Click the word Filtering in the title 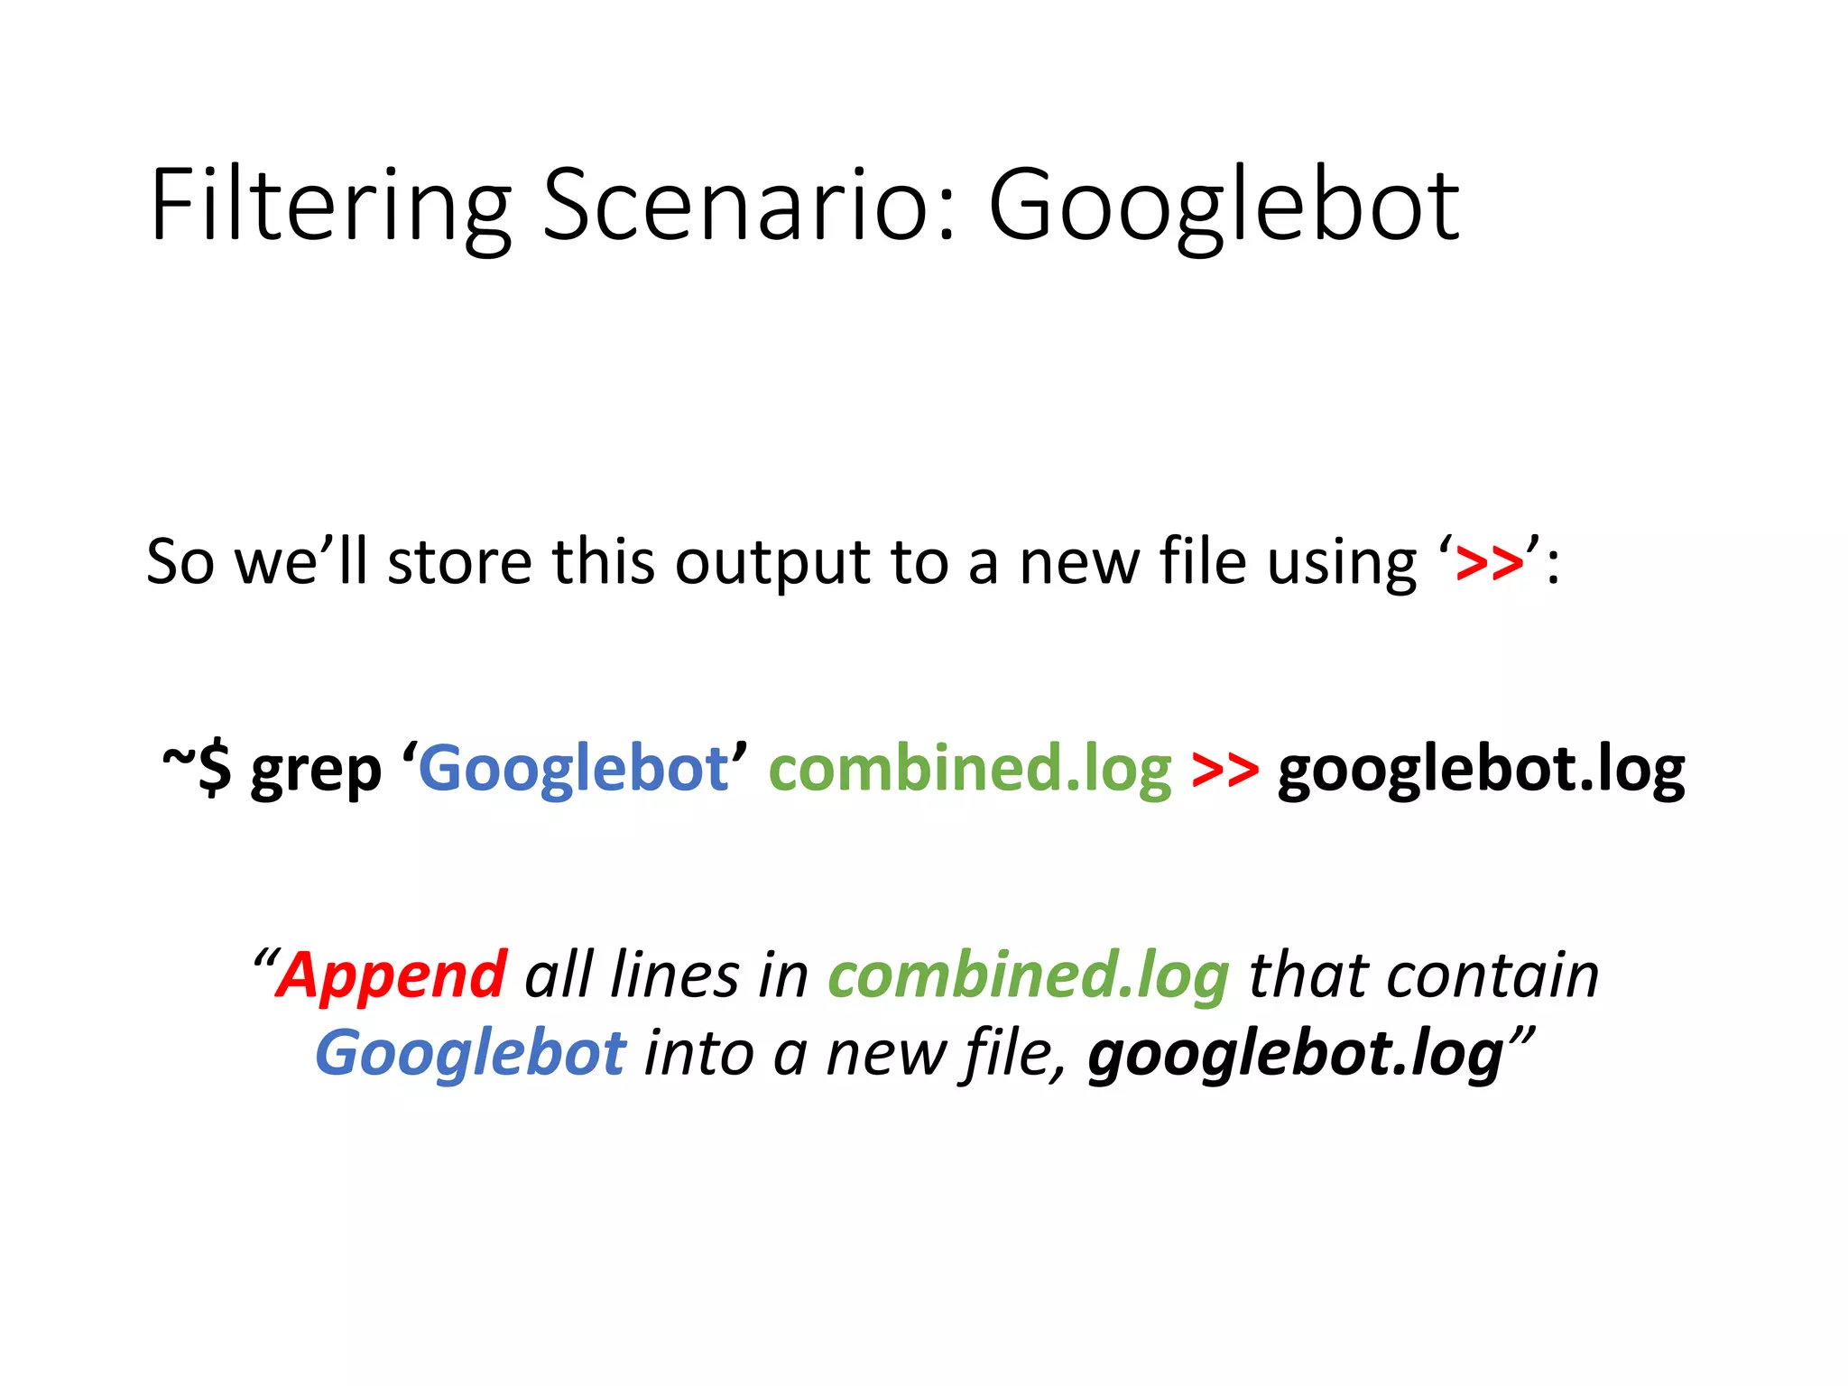tap(330, 206)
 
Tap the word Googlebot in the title tap(1224, 206)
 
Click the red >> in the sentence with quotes tap(1490, 563)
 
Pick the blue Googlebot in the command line tap(574, 769)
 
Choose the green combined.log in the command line tap(970, 769)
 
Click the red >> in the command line tap(1224, 770)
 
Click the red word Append tap(391, 976)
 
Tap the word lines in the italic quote tap(674, 975)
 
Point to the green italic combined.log tap(1029, 976)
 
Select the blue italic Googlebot tap(470, 1054)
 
